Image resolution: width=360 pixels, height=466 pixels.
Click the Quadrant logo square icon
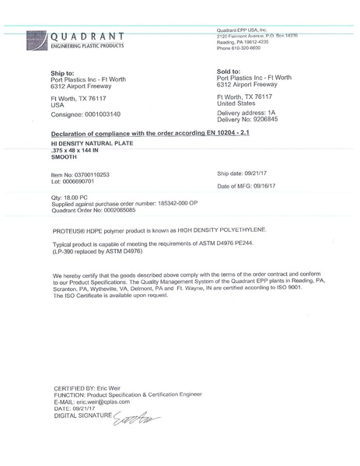pyautogui.click(x=37, y=40)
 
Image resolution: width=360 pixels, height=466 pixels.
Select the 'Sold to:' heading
pyautogui.click(x=231, y=72)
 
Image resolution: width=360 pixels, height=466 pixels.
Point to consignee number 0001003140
pyautogui.click(x=100, y=114)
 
